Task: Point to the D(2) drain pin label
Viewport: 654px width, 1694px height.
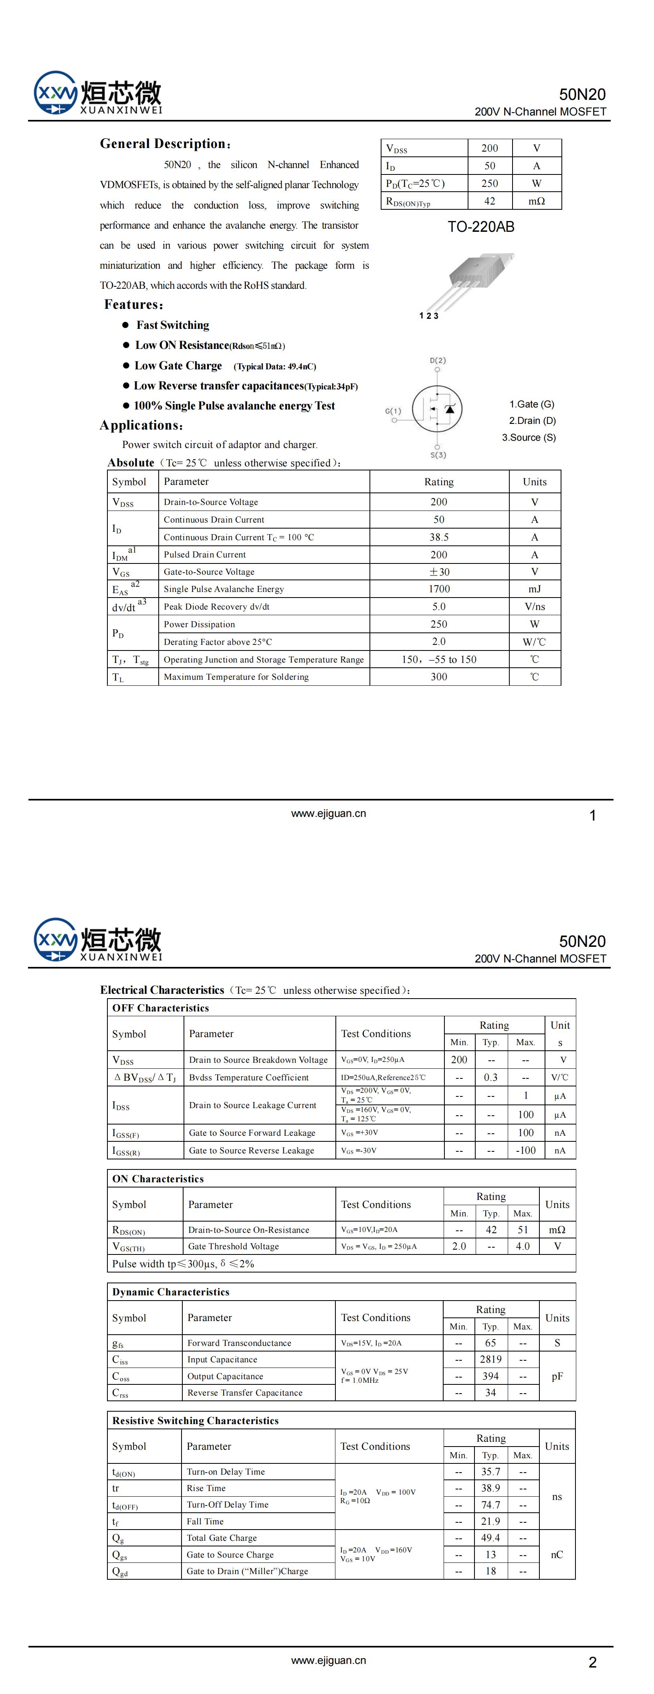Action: coord(438,361)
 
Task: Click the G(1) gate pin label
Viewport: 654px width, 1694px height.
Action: coord(393,411)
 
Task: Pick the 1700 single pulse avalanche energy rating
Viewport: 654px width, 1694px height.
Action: coord(439,589)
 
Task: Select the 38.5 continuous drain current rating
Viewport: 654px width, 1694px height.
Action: coord(439,537)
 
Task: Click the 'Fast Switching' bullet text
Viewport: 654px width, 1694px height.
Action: coord(173,325)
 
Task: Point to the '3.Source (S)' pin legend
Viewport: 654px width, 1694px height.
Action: coord(529,437)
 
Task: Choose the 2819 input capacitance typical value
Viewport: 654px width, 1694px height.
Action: coord(490,1359)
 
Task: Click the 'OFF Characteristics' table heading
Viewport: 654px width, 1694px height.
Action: coord(160,1008)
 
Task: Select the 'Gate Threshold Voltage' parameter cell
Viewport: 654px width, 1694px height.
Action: coord(233,1246)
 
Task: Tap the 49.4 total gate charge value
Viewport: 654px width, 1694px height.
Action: coord(490,1538)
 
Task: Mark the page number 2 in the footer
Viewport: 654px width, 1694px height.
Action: coord(592,1662)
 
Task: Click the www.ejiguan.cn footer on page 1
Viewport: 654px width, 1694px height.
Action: coord(329,813)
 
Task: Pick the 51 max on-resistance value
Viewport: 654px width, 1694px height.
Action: coord(523,1230)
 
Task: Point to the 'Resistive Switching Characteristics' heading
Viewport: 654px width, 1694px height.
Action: coord(195,1420)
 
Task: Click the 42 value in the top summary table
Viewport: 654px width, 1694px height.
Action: coord(490,201)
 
